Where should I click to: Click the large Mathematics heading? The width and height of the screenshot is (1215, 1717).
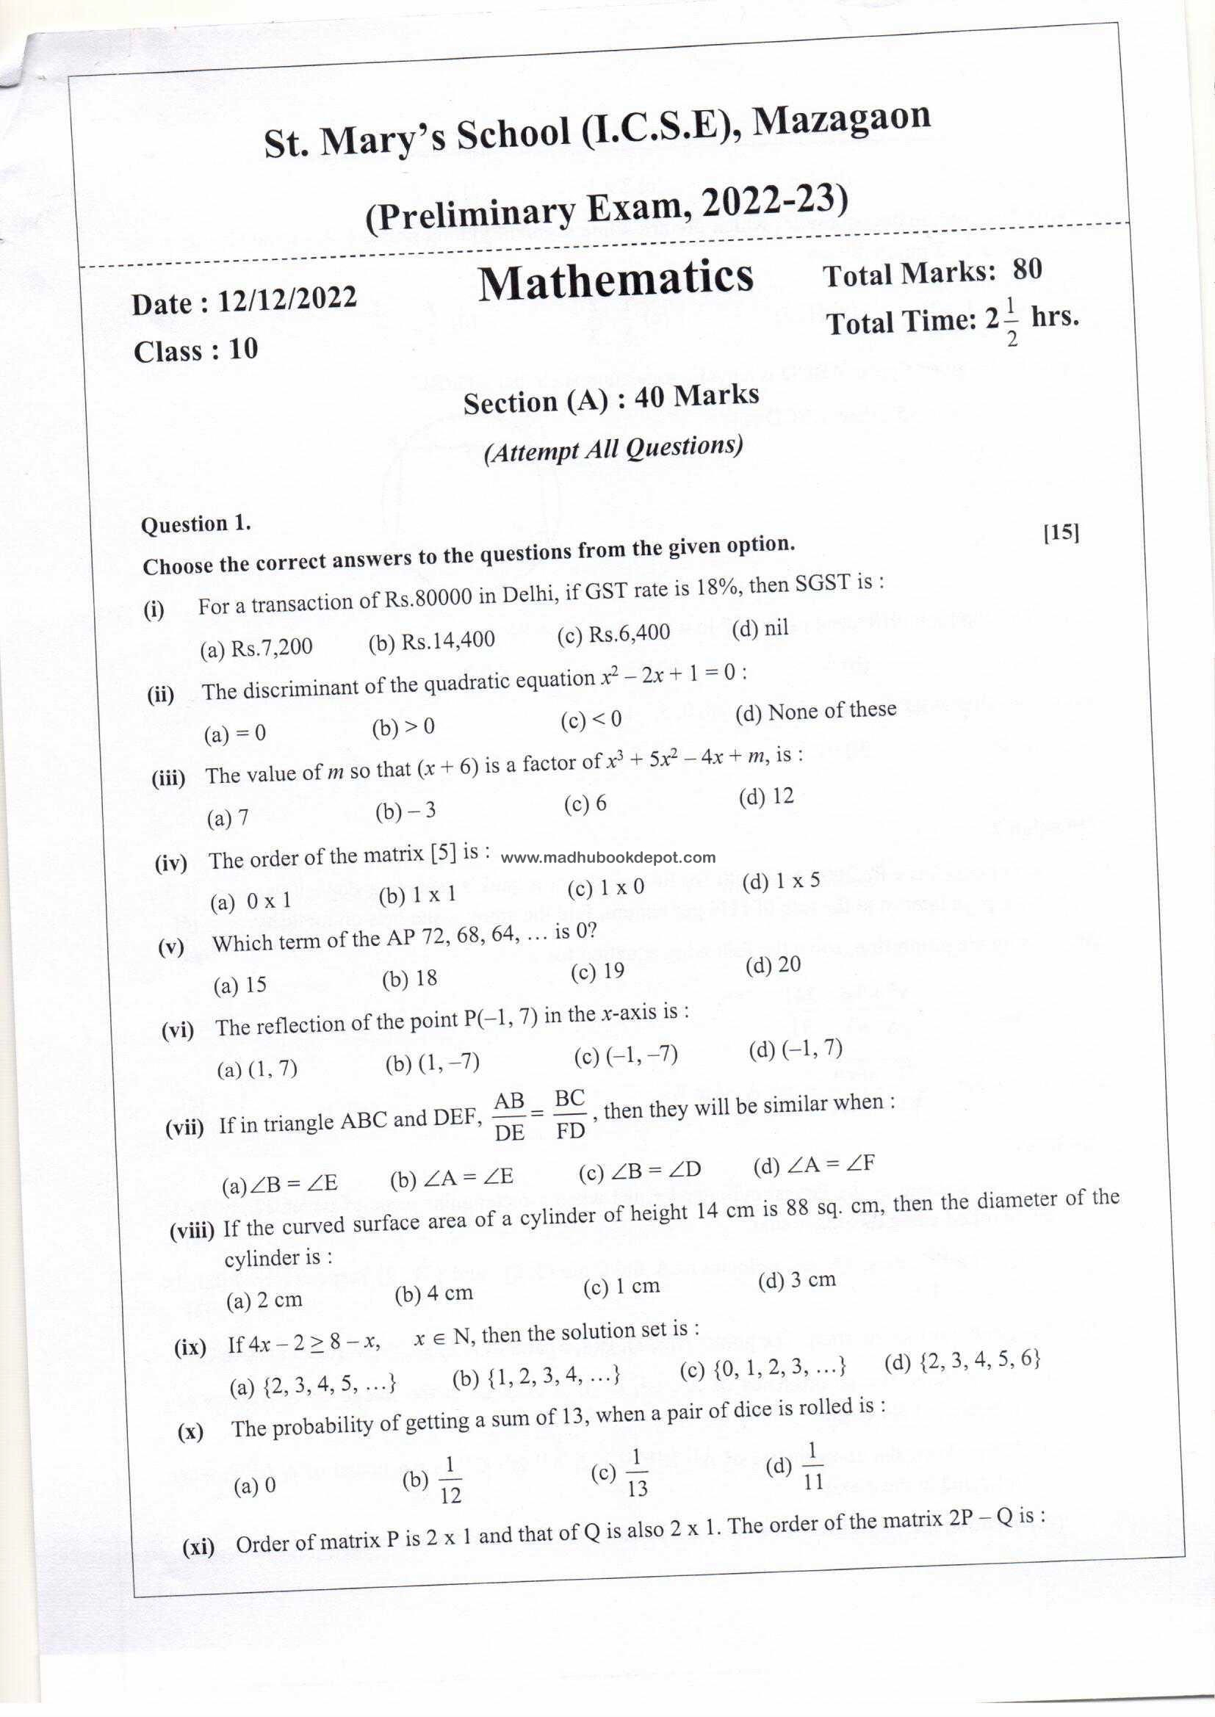point(616,281)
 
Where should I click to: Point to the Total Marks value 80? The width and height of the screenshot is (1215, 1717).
point(1027,270)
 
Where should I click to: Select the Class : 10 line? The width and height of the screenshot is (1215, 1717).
point(196,350)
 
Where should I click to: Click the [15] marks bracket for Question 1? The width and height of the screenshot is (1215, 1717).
point(1061,532)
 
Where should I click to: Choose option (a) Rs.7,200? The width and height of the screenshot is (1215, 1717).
point(256,648)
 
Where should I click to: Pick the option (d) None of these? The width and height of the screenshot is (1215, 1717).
point(815,710)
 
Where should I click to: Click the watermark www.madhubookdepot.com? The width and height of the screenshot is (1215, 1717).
point(607,858)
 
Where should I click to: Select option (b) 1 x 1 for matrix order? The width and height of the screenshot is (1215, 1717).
point(417,895)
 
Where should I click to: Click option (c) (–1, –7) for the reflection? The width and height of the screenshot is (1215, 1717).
point(626,1055)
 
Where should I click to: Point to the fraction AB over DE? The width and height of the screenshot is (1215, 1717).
point(510,1116)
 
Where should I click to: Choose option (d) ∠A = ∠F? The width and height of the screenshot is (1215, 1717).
point(814,1164)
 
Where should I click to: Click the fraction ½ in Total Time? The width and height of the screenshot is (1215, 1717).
point(1012,327)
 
